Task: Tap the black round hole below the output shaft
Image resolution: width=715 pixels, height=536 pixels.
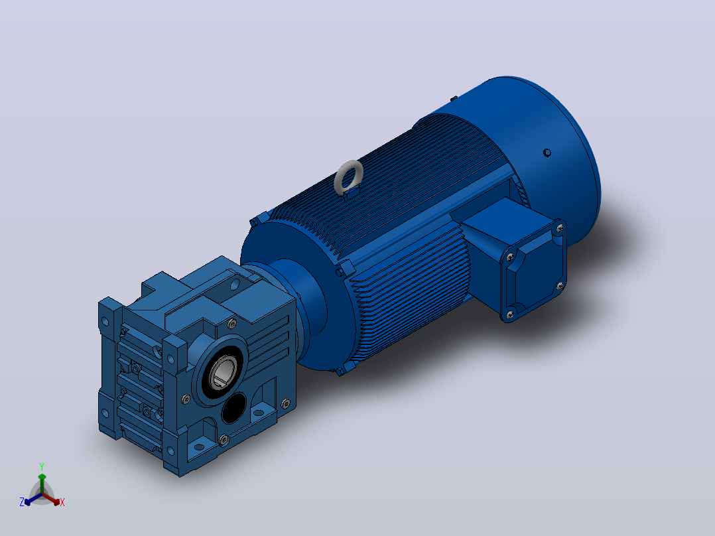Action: (234, 408)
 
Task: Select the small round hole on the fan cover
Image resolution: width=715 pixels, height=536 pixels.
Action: (547, 153)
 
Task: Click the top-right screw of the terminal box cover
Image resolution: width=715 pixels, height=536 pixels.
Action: (560, 228)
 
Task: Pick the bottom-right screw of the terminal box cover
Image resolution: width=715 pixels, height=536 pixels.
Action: (560, 286)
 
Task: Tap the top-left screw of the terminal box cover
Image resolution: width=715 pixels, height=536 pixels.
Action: (510, 257)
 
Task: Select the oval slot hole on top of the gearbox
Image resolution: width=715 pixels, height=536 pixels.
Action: (235, 285)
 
